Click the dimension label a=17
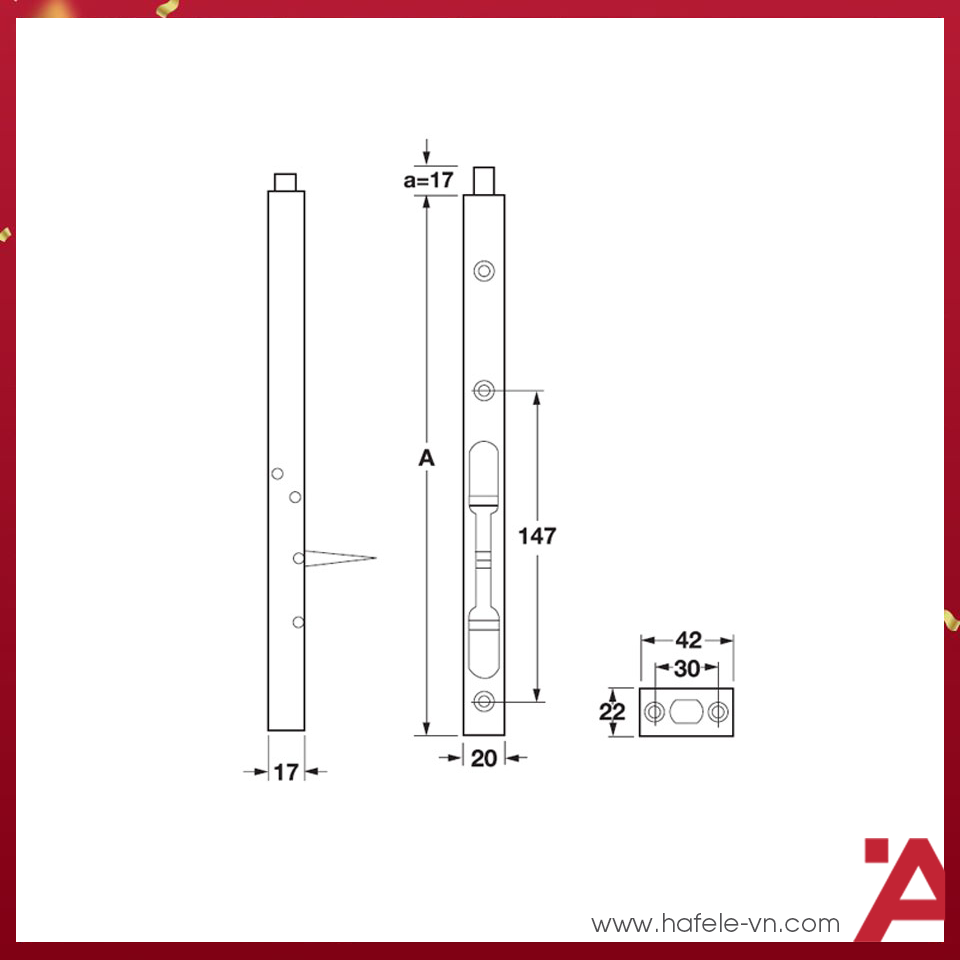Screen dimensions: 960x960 429,181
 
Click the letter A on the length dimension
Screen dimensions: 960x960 427,459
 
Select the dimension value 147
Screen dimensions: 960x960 537,536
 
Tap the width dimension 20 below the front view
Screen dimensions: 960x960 484,759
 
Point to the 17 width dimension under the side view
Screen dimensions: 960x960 286,772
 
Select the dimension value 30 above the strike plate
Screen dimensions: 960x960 687,669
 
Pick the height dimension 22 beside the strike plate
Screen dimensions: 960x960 613,712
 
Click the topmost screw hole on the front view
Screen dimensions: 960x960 485,270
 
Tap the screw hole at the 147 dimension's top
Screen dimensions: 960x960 485,391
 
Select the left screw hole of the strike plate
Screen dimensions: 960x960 654,712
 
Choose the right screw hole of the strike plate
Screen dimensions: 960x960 719,712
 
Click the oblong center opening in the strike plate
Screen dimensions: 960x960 687,712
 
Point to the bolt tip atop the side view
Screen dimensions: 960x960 286,181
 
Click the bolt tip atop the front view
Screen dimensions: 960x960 485,181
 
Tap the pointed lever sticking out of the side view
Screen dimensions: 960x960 340,557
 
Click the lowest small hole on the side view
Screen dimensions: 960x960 298,622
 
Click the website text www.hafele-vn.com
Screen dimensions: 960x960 715,923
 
